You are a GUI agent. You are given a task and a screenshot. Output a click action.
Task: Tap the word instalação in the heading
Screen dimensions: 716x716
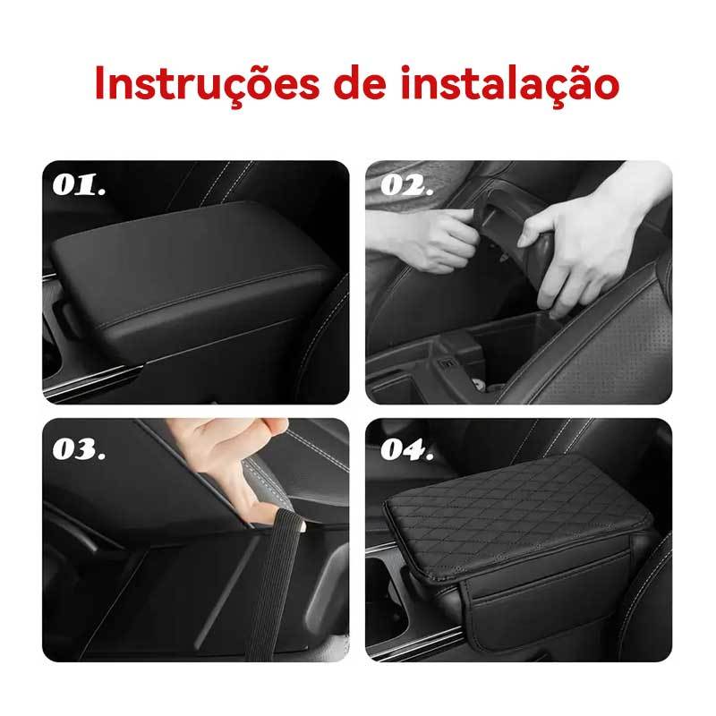tap(510, 84)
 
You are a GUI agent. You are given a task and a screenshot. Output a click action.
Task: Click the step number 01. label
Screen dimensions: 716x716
tap(79, 185)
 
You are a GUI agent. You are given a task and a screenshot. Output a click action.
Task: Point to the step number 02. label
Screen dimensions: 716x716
tap(407, 185)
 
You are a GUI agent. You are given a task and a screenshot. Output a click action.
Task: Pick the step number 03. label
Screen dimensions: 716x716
tap(79, 449)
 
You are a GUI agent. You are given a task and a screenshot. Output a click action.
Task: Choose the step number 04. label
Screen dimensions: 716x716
tap(407, 449)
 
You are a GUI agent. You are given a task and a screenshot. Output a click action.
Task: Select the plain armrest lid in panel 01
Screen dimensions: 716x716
tap(192, 274)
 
